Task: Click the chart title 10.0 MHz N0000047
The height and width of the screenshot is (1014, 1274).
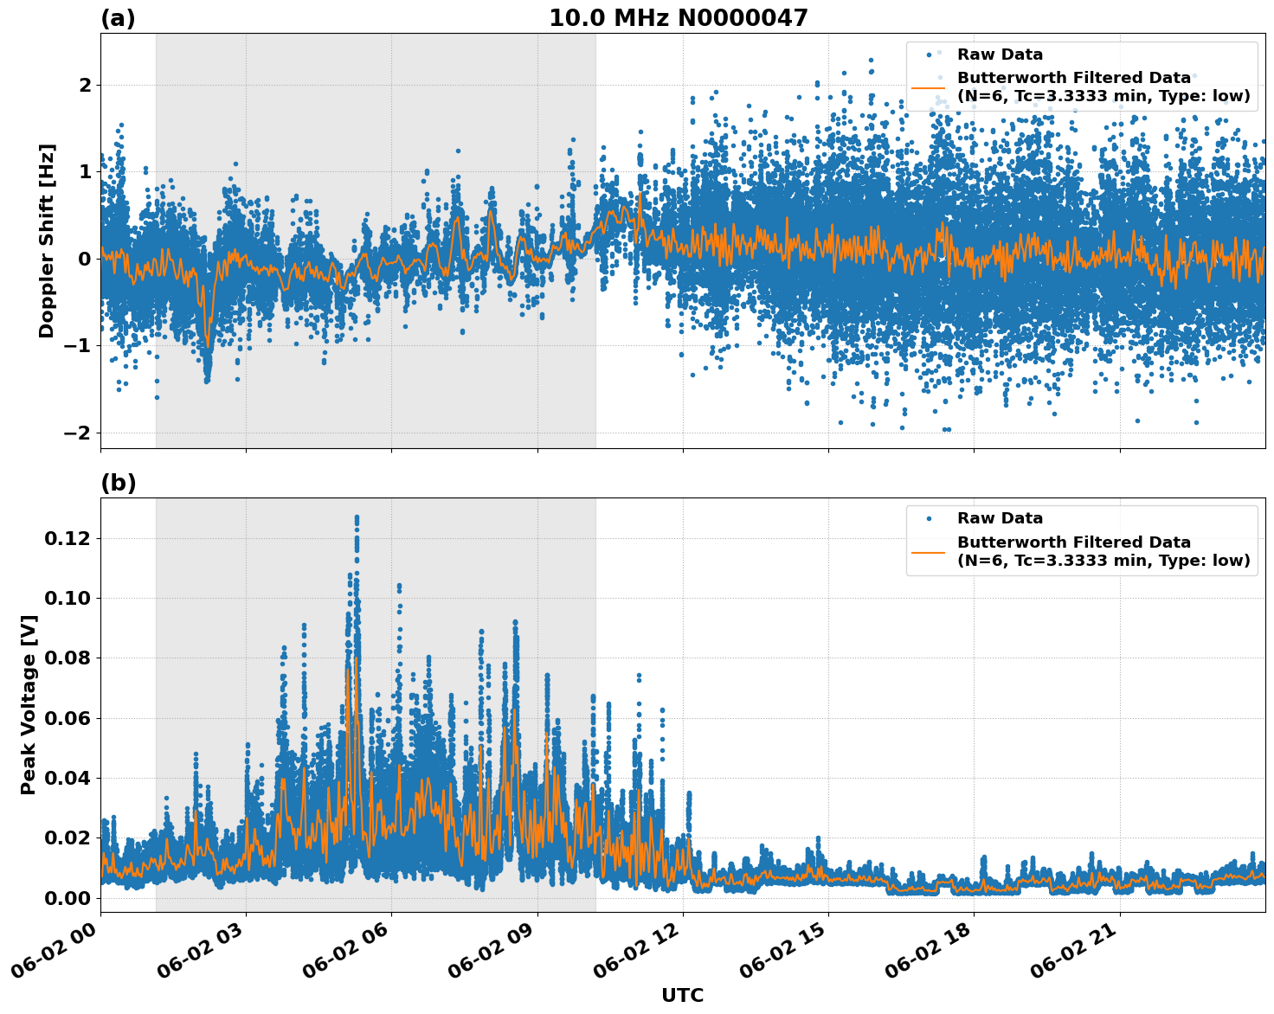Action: pos(678,18)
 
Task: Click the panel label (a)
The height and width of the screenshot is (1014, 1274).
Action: pos(118,18)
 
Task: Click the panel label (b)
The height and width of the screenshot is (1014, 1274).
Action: pos(118,483)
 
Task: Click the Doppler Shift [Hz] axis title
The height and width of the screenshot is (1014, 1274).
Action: pos(47,241)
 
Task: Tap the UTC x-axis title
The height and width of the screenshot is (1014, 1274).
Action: pos(682,995)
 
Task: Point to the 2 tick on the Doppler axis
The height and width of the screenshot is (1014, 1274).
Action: pos(85,85)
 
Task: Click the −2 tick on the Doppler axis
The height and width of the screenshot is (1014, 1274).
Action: pos(80,433)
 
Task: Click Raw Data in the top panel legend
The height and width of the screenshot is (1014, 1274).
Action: pos(1000,55)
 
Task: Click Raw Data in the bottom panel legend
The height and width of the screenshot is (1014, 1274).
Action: pos(1000,518)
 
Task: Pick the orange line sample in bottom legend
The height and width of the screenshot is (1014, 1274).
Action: pos(928,551)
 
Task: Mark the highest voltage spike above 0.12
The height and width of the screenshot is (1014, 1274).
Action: pos(357,517)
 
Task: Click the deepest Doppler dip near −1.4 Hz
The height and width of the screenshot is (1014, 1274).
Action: pos(207,378)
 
